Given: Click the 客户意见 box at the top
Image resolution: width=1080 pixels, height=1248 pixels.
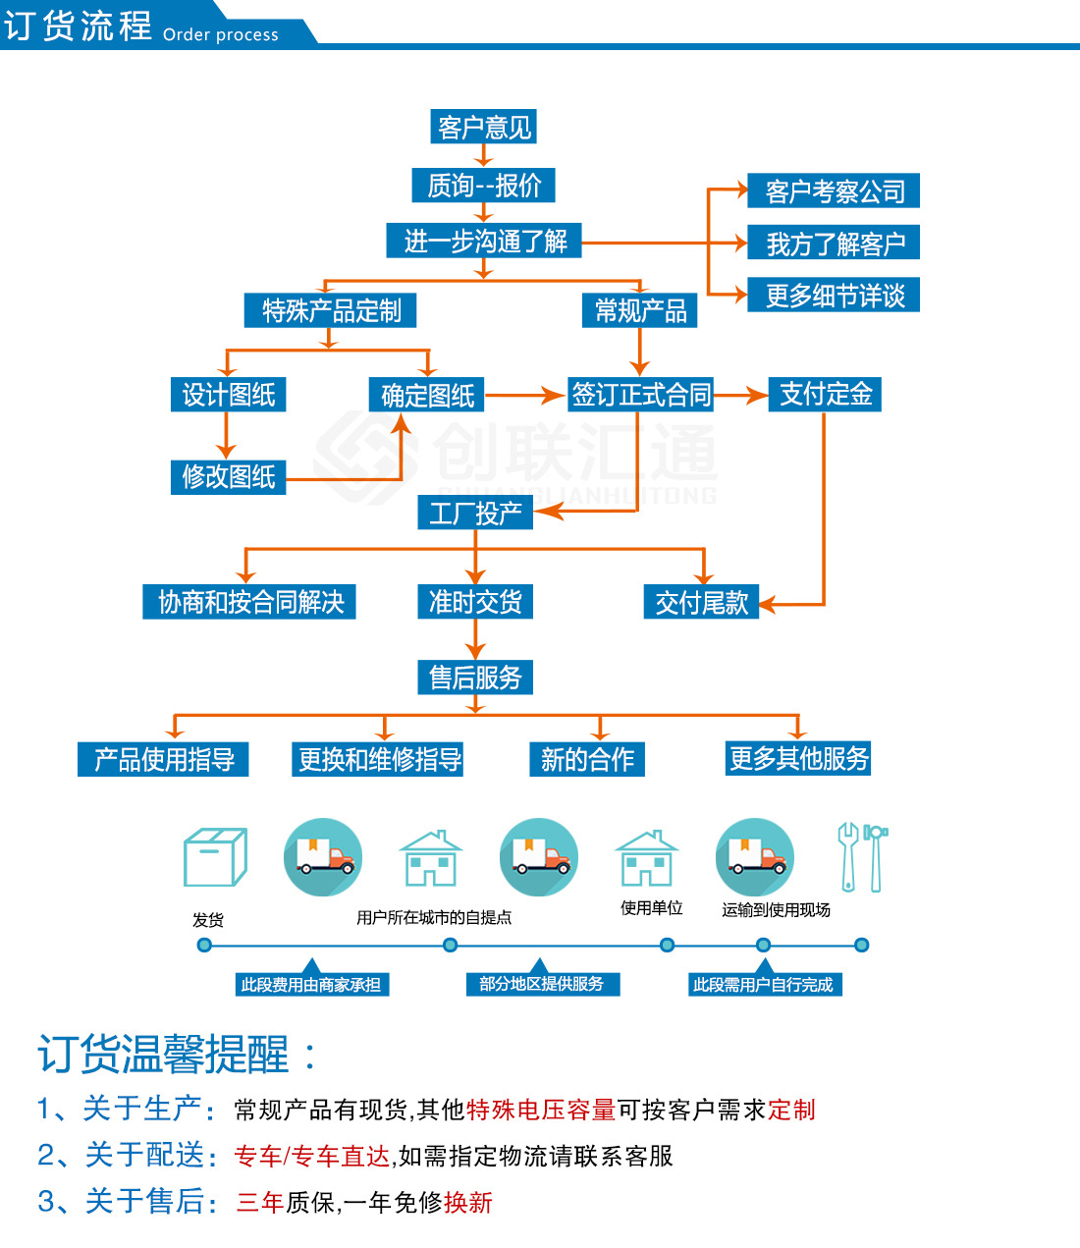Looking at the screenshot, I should (484, 127).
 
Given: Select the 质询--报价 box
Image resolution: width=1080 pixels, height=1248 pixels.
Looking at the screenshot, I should (484, 185).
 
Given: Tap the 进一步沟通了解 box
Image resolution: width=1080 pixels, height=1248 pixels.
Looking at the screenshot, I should (485, 241).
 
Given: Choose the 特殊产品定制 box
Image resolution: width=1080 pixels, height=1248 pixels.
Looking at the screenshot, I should (331, 311).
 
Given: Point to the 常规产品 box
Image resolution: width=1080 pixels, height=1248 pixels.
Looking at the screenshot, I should (640, 311).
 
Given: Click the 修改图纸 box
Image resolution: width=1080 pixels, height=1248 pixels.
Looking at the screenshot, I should (228, 477).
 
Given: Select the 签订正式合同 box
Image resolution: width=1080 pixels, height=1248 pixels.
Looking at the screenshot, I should (641, 395).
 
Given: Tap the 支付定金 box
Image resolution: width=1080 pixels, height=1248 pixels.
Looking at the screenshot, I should (825, 395).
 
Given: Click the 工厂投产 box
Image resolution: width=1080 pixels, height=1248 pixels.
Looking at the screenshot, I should (475, 513).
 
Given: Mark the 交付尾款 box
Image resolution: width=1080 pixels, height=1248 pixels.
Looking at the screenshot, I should (701, 602).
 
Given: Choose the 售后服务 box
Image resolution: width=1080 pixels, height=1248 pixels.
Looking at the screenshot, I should (475, 678).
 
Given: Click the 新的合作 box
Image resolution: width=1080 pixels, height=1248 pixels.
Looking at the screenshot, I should (587, 759).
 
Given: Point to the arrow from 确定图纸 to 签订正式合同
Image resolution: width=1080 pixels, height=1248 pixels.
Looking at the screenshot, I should (525, 396).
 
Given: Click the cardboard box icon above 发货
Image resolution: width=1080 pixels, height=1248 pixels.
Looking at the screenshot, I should (214, 857).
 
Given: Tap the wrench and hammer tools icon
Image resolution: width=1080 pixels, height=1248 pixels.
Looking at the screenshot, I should (862, 857).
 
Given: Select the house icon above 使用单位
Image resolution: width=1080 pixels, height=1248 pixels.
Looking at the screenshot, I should (646, 859).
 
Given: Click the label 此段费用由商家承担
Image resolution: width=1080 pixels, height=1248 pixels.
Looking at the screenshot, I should (311, 985).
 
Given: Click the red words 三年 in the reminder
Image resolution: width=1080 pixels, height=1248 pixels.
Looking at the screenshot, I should (260, 1203).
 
